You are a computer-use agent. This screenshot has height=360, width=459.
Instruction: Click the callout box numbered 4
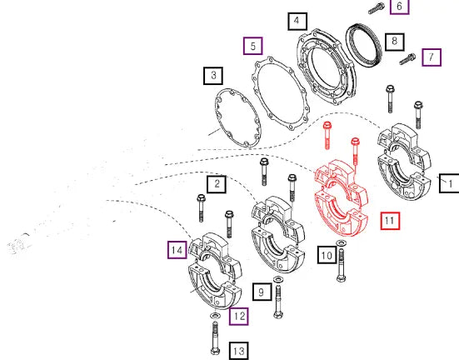pyautogui.click(x=297, y=21)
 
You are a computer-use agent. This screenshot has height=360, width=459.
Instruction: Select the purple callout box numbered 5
pyautogui.click(x=253, y=46)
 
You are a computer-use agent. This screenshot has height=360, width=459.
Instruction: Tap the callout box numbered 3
pyautogui.click(x=213, y=76)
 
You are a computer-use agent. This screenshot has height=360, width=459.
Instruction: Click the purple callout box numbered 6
pyautogui.click(x=400, y=7)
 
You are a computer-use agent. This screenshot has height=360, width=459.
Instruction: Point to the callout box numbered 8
pyautogui.click(x=395, y=42)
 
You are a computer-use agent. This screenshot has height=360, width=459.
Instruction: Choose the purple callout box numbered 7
pyautogui.click(x=432, y=57)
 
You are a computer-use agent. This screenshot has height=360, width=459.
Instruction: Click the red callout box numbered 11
pyautogui.click(x=390, y=221)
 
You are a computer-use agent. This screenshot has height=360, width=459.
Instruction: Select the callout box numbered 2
pyautogui.click(x=217, y=184)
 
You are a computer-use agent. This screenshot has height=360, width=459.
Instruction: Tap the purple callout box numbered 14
pyautogui.click(x=177, y=250)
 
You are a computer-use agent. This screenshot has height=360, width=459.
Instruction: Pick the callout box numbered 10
pyautogui.click(x=327, y=255)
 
